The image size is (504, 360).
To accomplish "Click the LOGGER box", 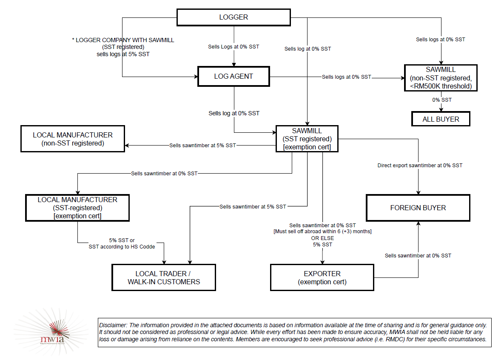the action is [x=233, y=17].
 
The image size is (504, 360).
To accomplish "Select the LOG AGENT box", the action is [x=233, y=77].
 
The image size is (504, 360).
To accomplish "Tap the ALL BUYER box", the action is [x=441, y=119].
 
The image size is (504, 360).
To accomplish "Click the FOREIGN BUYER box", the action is [x=418, y=208].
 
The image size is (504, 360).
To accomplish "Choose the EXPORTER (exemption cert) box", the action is [x=322, y=277].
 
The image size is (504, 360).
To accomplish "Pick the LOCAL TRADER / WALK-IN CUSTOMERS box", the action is [x=164, y=277].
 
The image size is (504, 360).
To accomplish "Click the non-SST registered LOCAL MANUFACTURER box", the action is [x=73, y=139].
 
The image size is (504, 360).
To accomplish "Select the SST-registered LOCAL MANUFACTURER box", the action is [x=77, y=208].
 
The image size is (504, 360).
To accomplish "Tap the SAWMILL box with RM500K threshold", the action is [x=441, y=78].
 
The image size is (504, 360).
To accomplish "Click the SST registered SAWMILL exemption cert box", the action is [x=307, y=139].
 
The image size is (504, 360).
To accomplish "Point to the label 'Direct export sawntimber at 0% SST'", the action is [x=420, y=166].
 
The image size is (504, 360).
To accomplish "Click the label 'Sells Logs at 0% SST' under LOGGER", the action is [x=233, y=47].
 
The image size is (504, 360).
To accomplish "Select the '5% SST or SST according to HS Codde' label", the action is [x=122, y=243].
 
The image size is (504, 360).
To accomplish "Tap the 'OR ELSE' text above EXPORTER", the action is [x=322, y=238].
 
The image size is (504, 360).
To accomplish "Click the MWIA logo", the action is [x=51, y=332].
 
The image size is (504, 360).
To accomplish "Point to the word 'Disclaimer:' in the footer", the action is [x=113, y=325].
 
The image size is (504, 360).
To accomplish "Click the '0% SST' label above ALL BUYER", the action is [x=442, y=100].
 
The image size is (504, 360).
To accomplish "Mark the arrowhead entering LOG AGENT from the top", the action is [x=234, y=64].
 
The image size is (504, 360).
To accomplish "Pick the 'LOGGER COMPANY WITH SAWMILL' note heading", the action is [x=125, y=40].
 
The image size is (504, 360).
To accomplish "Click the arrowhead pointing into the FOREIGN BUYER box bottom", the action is [x=418, y=223].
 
